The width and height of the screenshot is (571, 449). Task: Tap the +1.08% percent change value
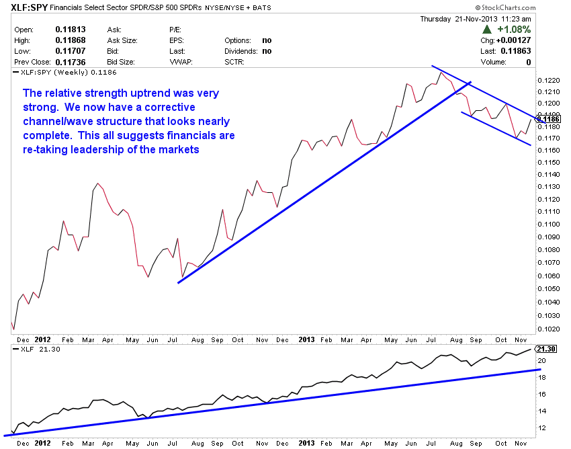point(514,30)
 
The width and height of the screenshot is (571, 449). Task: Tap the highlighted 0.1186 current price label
point(550,119)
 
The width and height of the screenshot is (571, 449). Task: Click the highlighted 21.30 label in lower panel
point(548,349)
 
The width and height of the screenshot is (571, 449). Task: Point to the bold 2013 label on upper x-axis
point(308,339)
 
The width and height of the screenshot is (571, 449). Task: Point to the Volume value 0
point(529,61)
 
